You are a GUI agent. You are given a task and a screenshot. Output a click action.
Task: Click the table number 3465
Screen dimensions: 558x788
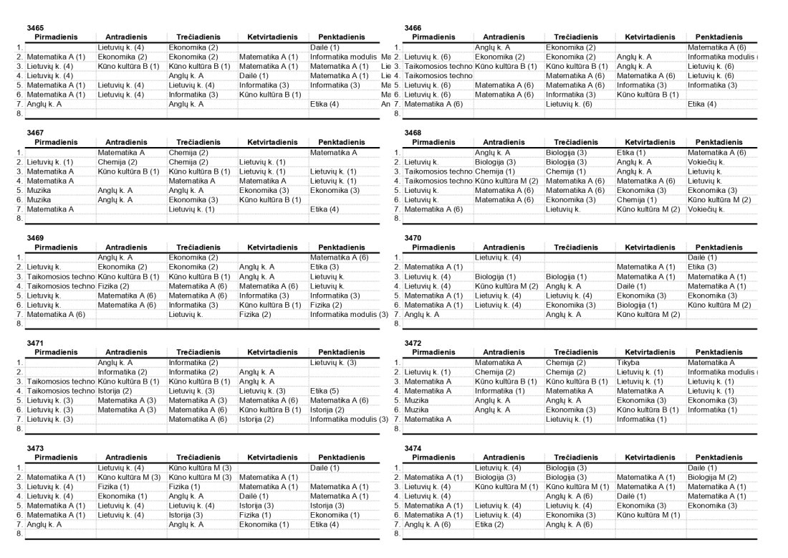pyautogui.click(x=35, y=28)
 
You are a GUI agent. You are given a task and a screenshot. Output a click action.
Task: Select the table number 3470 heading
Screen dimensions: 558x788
pyautogui.click(x=413, y=238)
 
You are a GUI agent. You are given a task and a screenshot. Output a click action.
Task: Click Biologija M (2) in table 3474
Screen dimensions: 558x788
pyautogui.click(x=711, y=477)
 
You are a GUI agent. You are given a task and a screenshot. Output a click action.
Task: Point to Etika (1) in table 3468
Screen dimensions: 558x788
pyautogui.click(x=630, y=153)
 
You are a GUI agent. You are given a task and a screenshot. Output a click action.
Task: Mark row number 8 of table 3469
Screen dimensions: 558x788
pyautogui.click(x=20, y=323)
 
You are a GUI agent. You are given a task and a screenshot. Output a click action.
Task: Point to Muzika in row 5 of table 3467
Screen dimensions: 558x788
pyautogui.click(x=39, y=190)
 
